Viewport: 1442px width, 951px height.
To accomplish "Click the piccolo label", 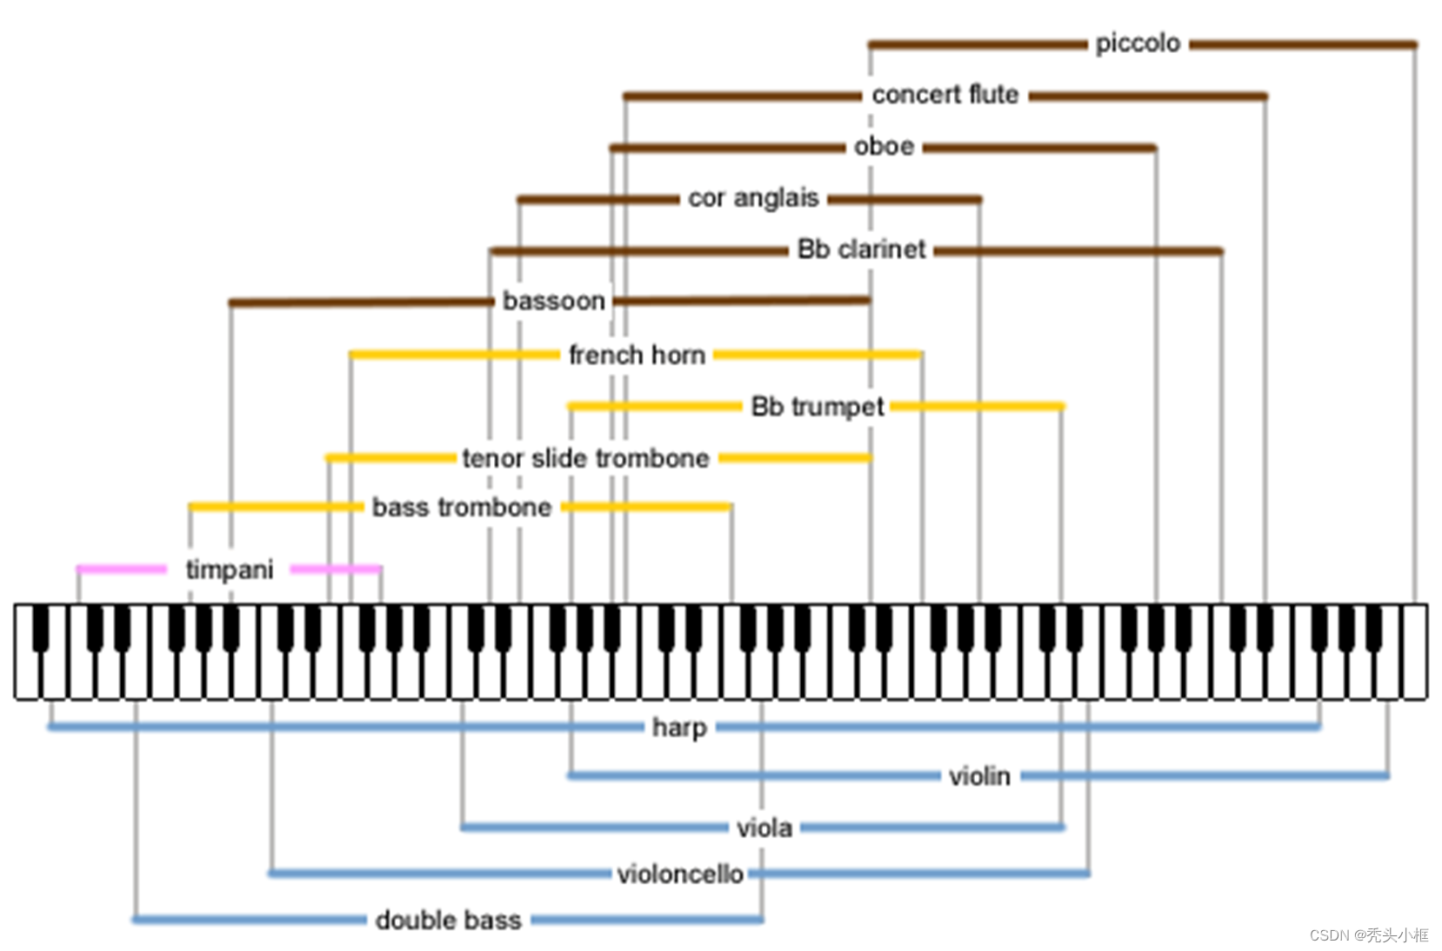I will coord(1138,43).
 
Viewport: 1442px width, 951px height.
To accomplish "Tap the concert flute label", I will coord(945,95).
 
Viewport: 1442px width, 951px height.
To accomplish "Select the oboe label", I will coord(884,146).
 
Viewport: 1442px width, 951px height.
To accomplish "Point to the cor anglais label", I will coord(753,198).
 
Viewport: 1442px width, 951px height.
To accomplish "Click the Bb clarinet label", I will coord(861,249).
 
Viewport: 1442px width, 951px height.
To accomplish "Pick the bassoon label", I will coord(553,301).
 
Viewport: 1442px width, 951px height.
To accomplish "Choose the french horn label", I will coord(637,355).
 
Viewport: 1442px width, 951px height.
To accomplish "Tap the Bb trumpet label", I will coord(817,406).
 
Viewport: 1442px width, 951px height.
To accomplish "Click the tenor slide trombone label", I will coord(585,458).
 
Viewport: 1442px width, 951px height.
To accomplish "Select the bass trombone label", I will coord(462,507).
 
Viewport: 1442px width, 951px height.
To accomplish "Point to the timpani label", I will coord(230,569).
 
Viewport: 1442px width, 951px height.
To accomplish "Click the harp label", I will coord(679,727).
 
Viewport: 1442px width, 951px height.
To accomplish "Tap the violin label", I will coord(979,775).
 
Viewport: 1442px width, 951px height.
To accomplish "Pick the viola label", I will coord(764,828).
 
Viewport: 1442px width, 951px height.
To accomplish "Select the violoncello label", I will coord(680,874).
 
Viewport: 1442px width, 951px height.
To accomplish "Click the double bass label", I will coord(448,920).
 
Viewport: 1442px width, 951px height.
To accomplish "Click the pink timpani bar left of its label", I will coord(122,569).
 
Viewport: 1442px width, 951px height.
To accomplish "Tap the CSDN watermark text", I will coord(1369,935).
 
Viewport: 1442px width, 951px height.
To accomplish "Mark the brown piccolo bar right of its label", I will coord(1303,44).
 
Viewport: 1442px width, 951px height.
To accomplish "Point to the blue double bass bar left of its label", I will coord(250,919).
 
